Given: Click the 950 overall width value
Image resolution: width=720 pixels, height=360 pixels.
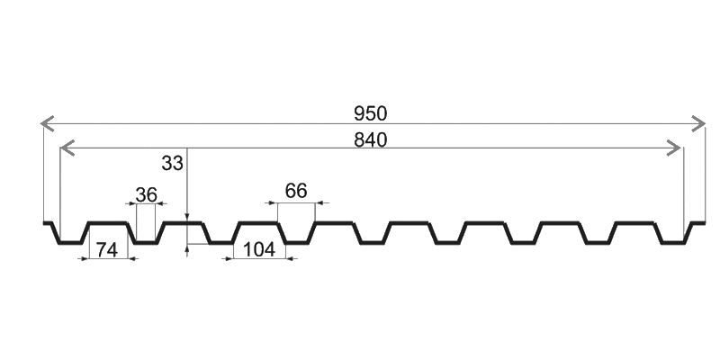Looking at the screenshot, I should point(370,113).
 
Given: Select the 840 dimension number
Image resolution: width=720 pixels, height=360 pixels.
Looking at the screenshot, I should point(370,140).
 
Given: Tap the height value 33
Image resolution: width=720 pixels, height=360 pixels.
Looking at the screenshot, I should point(172,163).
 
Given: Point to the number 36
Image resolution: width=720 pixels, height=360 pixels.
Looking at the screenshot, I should point(147,193).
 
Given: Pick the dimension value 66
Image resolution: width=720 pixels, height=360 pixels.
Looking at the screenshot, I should point(296,190).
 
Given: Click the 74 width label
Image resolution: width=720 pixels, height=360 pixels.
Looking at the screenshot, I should point(107,250).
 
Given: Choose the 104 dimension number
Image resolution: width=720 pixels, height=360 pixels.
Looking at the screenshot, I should point(258,250).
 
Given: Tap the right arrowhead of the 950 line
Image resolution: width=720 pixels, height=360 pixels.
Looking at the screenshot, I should point(699,121).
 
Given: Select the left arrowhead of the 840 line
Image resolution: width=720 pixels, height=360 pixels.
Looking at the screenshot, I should point(64,148).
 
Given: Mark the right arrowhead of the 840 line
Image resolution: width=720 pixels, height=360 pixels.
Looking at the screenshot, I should point(676,148).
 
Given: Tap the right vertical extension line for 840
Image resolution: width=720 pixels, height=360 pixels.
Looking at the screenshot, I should point(682,189).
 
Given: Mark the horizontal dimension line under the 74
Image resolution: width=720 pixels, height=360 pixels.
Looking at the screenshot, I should point(109,259).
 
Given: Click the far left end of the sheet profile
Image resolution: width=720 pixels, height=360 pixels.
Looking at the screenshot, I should point(44,222).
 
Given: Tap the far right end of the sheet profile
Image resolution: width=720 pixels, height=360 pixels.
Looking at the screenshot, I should point(704,222).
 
